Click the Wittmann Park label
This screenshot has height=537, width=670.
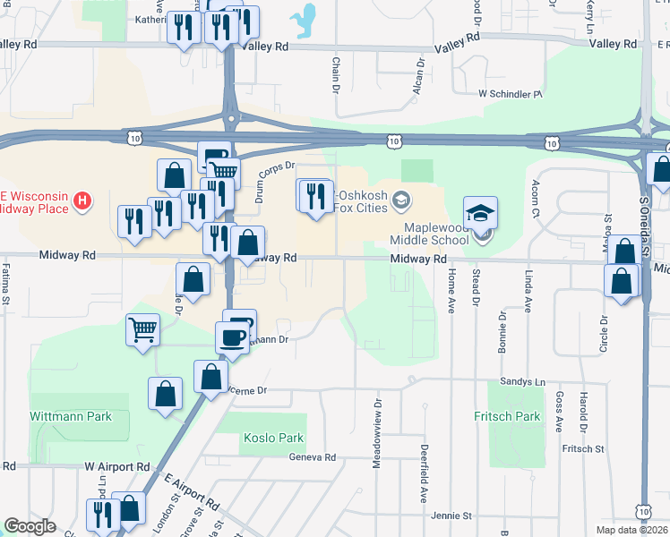tap(71, 416)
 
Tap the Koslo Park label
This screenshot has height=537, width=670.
tap(273, 439)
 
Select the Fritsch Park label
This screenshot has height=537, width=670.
tap(508, 416)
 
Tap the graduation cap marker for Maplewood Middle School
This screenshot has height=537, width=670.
tap(480, 214)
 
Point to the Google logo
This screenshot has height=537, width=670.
tap(30, 526)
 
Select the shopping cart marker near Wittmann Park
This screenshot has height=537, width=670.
tap(143, 330)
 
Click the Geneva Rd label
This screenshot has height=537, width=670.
tap(312, 456)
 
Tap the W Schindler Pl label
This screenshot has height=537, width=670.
tap(511, 93)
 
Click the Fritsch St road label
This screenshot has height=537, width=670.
tap(583, 449)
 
